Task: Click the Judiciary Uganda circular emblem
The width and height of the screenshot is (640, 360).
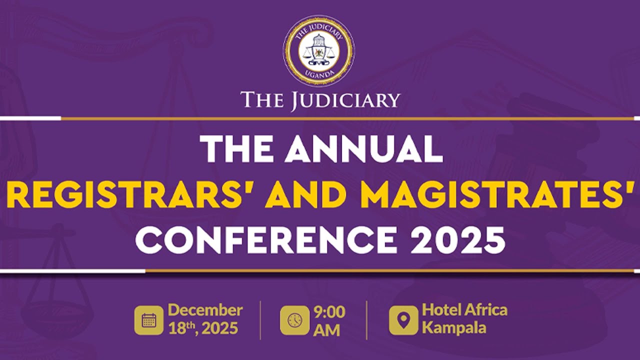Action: coord(318,50)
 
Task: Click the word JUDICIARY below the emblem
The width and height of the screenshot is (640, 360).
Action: coord(344,100)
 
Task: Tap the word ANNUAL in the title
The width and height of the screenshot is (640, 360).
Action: coord(364,148)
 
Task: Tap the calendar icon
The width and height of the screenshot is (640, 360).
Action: coord(148,320)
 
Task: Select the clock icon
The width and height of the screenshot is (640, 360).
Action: coord(294,320)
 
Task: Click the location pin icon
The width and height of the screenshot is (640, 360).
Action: coord(403,320)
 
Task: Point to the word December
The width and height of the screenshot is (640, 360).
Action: coord(205,310)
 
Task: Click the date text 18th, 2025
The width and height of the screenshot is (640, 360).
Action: coord(203,329)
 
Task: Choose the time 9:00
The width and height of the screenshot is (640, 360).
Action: coord(329,312)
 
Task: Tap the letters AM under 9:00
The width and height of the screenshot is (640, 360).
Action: coord(326,330)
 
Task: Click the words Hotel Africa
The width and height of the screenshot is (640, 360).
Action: coord(464,310)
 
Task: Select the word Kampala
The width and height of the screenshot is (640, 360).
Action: coord(454,328)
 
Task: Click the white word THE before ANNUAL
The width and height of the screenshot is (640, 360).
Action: coord(236,148)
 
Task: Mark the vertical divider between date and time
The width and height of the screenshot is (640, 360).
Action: coord(260,320)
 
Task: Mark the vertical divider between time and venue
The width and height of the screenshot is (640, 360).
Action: coord(366,320)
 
